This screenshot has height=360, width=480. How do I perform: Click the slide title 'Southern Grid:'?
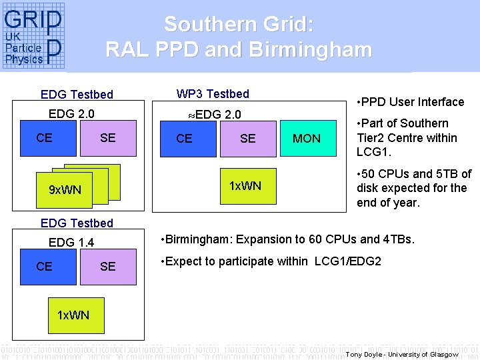coord(238,25)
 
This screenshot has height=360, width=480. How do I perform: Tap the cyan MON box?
coord(307,139)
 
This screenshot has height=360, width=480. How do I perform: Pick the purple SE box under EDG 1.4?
coord(107,266)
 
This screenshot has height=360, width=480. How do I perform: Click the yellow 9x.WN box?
coord(65,190)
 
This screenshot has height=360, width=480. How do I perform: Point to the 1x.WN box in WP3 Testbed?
coord(245,185)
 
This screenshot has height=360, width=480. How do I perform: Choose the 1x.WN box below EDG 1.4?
coord(73,315)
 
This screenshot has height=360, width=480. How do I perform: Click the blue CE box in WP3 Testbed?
coord(184,139)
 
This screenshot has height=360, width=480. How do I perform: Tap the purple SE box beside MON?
coord(247,139)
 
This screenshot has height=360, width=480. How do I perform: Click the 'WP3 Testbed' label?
coord(213,94)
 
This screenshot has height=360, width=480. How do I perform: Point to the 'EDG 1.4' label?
coord(71,243)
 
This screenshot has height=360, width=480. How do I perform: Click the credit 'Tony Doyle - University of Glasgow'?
coord(402,354)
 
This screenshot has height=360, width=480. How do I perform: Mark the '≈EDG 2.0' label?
coord(214,115)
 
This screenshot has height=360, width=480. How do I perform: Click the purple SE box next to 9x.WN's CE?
coord(107,138)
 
